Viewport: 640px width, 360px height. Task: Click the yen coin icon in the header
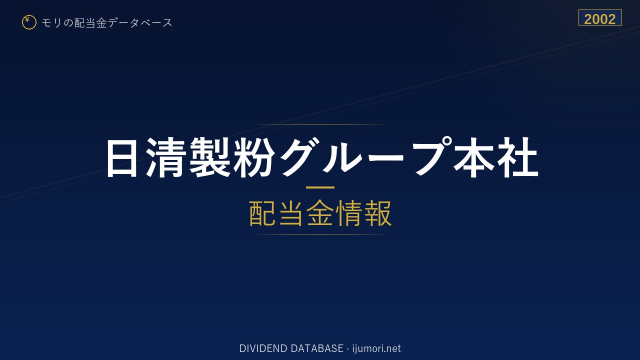click(x=29, y=22)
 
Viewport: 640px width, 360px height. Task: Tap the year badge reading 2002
click(x=600, y=17)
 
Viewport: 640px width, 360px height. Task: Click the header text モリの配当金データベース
click(x=107, y=23)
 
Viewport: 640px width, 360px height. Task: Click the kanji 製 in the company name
click(x=210, y=157)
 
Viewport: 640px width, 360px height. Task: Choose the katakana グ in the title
click(x=299, y=156)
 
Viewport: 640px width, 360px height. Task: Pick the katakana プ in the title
click(x=431, y=155)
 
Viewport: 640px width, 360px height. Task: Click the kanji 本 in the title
click(x=473, y=157)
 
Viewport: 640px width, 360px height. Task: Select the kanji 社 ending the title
click(x=517, y=157)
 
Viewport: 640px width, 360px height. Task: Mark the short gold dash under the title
click(x=320, y=187)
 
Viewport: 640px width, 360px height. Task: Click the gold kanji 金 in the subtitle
click(x=320, y=213)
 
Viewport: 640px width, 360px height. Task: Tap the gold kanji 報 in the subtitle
click(x=377, y=213)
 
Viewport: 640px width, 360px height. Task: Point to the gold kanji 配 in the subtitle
click(x=263, y=213)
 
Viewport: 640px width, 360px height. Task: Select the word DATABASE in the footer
click(x=317, y=348)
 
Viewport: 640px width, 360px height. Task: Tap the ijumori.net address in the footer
click(x=376, y=348)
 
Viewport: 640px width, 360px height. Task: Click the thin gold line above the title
click(x=320, y=125)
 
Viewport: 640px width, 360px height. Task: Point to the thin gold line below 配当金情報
click(x=320, y=235)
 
